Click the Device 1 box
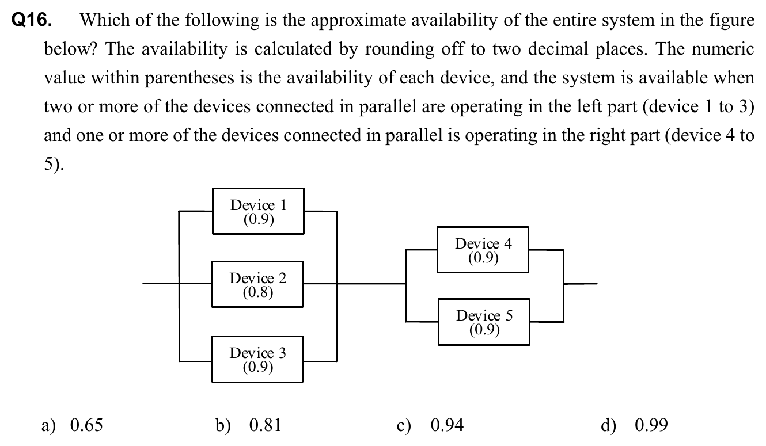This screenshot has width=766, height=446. pyautogui.click(x=258, y=211)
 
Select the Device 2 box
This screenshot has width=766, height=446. pyautogui.click(x=257, y=284)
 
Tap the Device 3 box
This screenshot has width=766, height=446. pyautogui.click(x=257, y=359)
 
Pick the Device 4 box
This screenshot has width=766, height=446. pyautogui.click(x=483, y=249)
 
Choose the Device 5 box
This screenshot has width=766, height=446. pyautogui.click(x=484, y=322)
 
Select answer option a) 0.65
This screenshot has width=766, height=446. pyautogui.click(x=72, y=425)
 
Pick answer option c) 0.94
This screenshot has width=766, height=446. pyautogui.click(x=430, y=425)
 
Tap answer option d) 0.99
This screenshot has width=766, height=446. pyautogui.click(x=634, y=425)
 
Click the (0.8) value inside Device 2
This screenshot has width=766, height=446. pyautogui.click(x=257, y=292)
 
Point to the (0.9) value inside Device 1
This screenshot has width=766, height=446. pyautogui.click(x=258, y=219)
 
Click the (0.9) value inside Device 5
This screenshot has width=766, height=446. pyautogui.click(x=484, y=330)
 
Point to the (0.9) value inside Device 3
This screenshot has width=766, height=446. pyautogui.click(x=257, y=367)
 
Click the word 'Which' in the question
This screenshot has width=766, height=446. pyautogui.click(x=101, y=21)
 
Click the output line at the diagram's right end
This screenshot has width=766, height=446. pyautogui.click(x=581, y=283)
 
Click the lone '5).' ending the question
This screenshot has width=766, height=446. pyautogui.click(x=55, y=165)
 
